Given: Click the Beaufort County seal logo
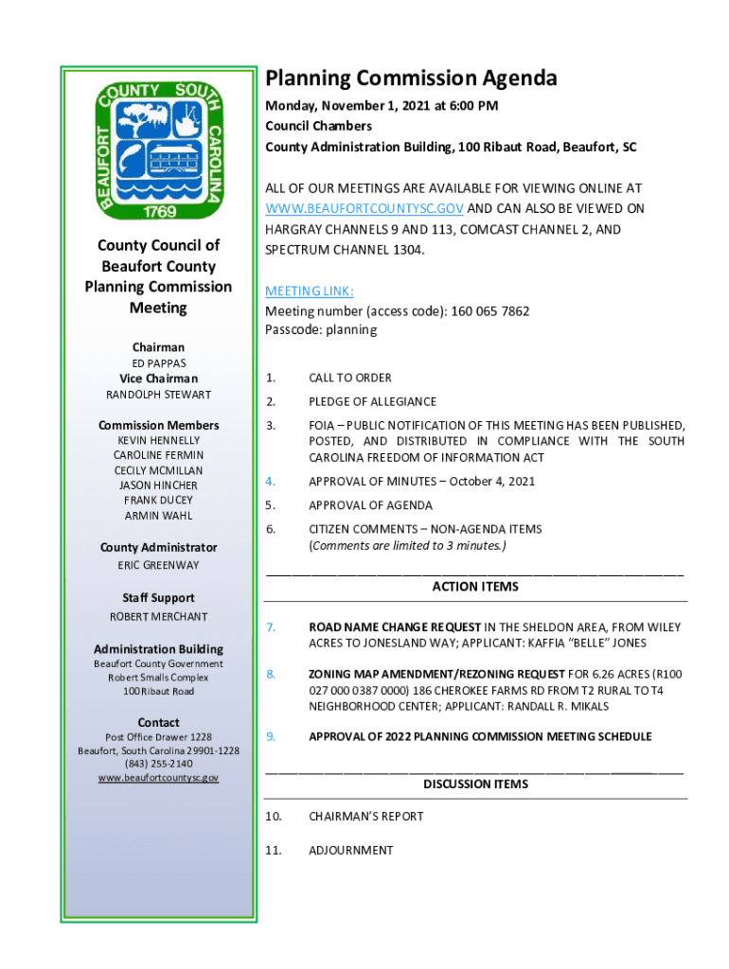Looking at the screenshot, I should tap(159, 147).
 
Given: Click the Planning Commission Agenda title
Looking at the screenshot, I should tap(411, 79).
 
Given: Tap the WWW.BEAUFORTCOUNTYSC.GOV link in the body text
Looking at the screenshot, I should tap(365, 208).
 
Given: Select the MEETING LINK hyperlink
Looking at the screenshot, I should tap(309, 291).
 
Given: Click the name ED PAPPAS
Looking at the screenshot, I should tap(158, 363).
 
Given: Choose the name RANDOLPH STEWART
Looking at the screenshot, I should tap(158, 395).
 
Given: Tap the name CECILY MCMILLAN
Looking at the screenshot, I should tap(158, 470).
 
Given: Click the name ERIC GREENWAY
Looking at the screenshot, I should tap(158, 565).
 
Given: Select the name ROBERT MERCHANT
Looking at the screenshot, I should tap(158, 617).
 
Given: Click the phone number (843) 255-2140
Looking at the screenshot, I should tap(158, 764).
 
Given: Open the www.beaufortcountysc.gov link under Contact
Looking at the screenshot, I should tap(158, 778).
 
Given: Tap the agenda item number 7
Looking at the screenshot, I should tap(270, 627).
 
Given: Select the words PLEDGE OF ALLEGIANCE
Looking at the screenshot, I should tap(372, 401).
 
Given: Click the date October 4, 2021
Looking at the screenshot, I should tap(491, 481).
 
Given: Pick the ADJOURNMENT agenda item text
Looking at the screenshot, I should tap(350, 850).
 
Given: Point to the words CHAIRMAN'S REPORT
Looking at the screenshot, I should tap(365, 816).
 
